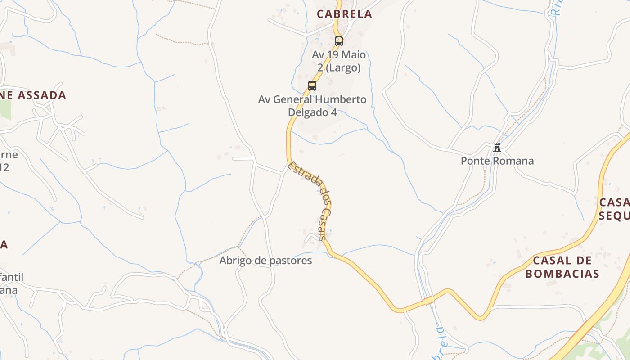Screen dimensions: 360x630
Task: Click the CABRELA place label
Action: (344, 14)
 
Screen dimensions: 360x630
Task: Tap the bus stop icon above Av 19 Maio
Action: (339, 41)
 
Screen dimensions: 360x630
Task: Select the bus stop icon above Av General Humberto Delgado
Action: (312, 85)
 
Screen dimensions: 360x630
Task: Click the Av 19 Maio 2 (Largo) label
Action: (339, 61)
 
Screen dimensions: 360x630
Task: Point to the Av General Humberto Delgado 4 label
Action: (312, 106)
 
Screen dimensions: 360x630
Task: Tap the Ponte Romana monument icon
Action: (497, 147)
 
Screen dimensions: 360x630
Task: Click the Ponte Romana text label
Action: (497, 161)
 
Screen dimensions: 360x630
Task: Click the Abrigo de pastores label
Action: (265, 261)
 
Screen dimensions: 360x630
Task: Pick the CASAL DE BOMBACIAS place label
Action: (562, 267)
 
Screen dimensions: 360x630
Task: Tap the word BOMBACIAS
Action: (562, 274)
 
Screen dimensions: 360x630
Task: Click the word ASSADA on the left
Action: (43, 95)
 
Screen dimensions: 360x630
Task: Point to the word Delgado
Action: (312, 112)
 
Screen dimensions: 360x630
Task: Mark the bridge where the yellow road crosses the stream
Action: (428, 301)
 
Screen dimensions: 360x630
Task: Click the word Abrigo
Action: (235, 261)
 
